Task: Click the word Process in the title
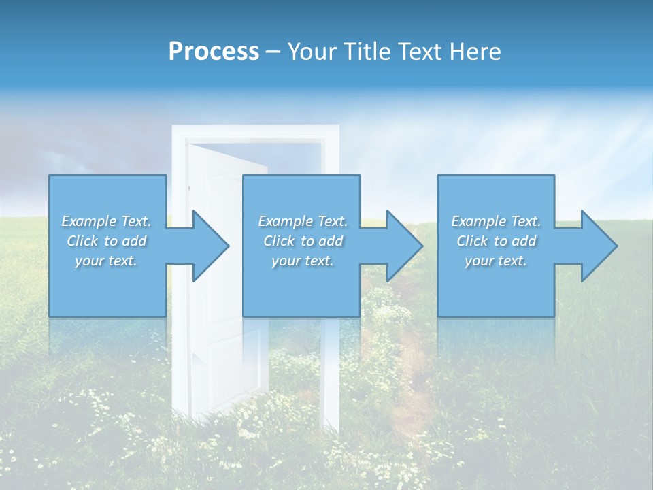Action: coord(214,52)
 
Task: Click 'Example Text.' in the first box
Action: coord(106,221)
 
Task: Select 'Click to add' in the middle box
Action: coord(303,241)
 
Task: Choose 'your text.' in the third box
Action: coord(496,261)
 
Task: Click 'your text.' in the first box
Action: coord(106,261)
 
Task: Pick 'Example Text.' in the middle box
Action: coord(303,221)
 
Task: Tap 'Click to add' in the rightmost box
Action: coord(496,241)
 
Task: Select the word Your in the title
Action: coord(311,52)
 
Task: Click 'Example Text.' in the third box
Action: coord(496,221)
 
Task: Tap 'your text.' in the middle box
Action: coord(303,261)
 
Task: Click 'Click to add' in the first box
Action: coord(106,241)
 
